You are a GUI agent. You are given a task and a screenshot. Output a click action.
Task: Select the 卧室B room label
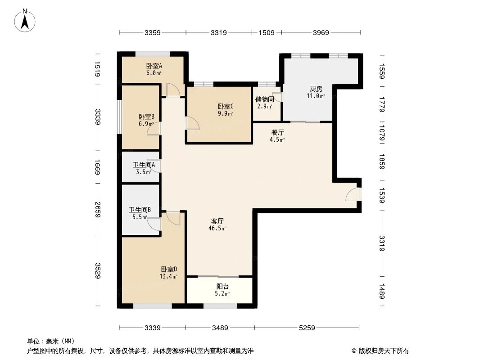pyautogui.click(x=146, y=117)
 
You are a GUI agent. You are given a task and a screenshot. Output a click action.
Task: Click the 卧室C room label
pyautogui.click(x=225, y=107)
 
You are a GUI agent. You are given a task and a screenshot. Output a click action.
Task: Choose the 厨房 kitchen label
pyautogui.click(x=316, y=89)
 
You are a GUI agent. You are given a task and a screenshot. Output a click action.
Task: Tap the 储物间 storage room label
pyautogui.click(x=264, y=99)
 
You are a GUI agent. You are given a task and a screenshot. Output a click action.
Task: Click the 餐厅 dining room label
pyautogui.click(x=277, y=133)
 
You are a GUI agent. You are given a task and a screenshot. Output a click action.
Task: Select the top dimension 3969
pyautogui.click(x=321, y=32)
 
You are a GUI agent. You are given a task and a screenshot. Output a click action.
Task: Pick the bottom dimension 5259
pyautogui.click(x=307, y=328)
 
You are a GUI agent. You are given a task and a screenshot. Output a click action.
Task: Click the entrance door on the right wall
pyautogui.click(x=353, y=194)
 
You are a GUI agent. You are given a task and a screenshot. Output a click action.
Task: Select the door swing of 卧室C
pyautogui.click(x=192, y=123)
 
